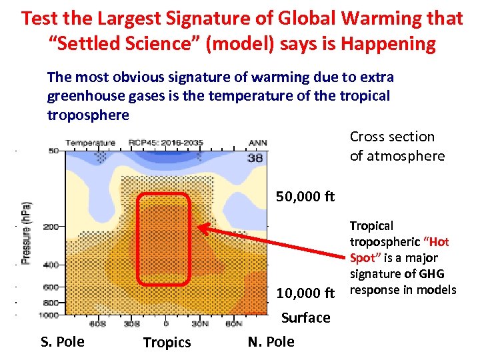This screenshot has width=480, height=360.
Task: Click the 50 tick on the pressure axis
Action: point(53,151)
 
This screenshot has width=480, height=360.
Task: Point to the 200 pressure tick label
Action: point(51,227)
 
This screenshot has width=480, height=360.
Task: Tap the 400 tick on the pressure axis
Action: point(51,265)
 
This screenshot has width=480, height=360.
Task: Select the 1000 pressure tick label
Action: point(49,315)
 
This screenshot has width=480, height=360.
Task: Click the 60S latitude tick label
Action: point(99,324)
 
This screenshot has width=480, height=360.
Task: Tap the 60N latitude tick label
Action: point(233,324)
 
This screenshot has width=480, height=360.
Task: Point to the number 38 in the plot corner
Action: point(255,158)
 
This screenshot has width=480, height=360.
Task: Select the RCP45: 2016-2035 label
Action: point(171,143)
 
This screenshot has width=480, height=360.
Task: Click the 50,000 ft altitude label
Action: point(305,197)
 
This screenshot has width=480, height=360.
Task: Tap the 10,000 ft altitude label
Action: point(305,293)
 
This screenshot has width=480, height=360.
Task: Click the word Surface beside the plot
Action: point(305,317)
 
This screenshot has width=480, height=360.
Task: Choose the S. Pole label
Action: point(63,342)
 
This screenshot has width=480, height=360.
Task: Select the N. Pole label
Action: point(271,342)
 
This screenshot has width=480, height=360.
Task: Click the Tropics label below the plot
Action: point(167,343)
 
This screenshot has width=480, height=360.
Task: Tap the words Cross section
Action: point(392,137)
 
